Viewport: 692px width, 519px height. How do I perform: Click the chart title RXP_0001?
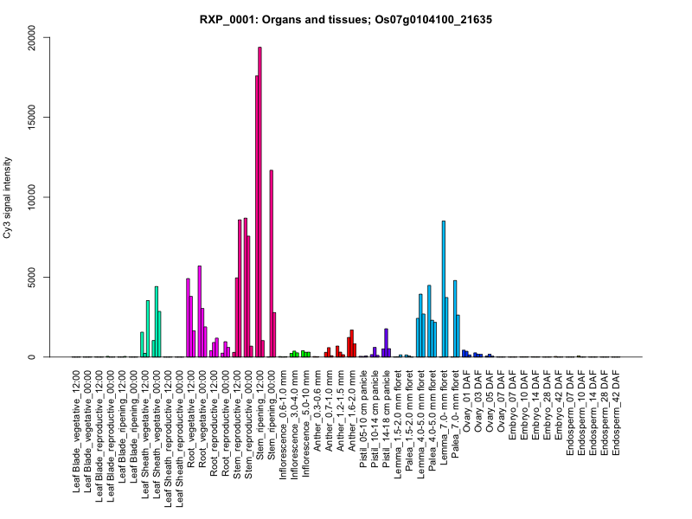[x=346, y=19]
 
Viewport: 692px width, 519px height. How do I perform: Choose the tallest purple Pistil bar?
[x=386, y=343]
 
